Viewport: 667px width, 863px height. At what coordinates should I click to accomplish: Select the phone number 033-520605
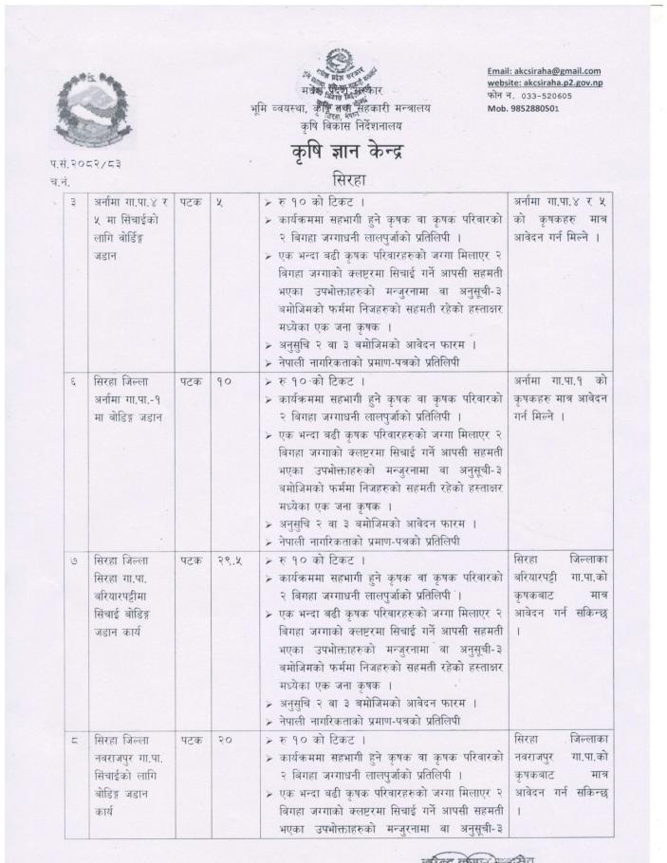pyautogui.click(x=550, y=96)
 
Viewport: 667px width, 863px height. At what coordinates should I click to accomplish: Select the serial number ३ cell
pyautogui.click(x=72, y=202)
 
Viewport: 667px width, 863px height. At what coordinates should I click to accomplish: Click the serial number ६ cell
pyautogui.click(x=72, y=378)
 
